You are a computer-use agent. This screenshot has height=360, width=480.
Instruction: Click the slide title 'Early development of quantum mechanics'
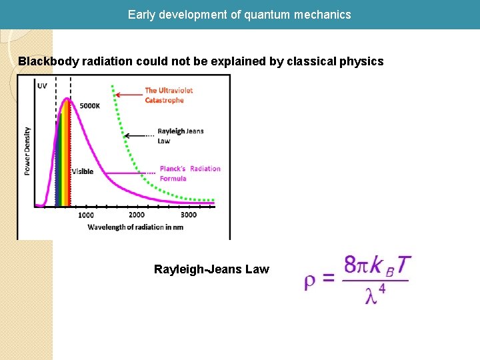point(239,14)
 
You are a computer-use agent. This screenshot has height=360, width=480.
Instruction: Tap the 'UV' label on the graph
point(43,86)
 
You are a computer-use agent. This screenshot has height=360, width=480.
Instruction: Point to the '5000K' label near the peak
point(90,106)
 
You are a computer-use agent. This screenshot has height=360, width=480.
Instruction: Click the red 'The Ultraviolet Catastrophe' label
point(164,95)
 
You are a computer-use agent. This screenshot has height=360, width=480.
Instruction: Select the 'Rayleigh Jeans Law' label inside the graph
point(180,136)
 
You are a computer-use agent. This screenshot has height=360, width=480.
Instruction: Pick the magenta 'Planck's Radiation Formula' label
point(189,173)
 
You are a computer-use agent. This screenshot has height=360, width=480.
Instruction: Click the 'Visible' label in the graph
point(83,172)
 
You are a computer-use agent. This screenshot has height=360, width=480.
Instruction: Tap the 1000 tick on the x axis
point(86,215)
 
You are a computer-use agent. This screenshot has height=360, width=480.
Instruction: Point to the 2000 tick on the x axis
point(137,215)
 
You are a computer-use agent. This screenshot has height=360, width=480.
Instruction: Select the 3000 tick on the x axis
point(189,215)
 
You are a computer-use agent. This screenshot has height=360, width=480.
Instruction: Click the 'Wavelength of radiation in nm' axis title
point(135,227)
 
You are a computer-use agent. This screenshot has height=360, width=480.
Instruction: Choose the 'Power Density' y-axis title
point(27,151)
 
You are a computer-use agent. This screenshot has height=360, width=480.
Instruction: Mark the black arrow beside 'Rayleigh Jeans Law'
point(139,135)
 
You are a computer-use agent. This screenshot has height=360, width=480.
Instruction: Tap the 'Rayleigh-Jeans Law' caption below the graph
point(211,269)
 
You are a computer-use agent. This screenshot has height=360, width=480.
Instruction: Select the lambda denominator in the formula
point(375,294)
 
